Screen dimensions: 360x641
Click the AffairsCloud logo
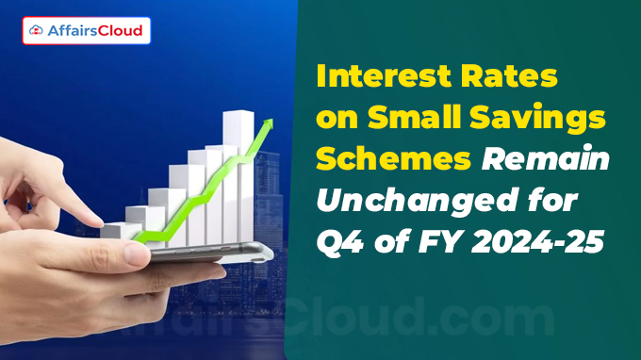coord(86,31)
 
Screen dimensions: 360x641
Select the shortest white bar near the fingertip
coord(115,229)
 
